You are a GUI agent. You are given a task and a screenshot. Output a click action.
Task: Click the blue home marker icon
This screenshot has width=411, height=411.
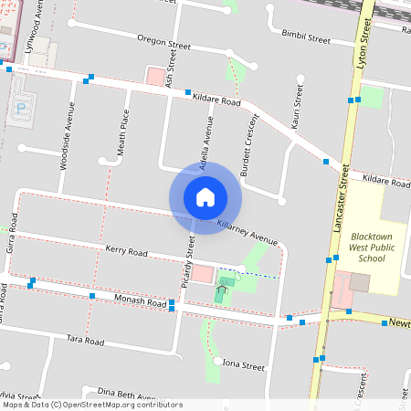click(205, 196)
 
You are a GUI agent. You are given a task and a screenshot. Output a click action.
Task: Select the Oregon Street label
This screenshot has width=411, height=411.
click(163, 41)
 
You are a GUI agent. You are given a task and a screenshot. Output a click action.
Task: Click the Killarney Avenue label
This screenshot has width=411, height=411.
click(247, 227)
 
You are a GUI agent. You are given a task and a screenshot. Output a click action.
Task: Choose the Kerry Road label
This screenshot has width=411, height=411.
click(126, 250)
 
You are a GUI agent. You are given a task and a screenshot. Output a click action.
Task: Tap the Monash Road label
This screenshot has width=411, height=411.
click(140, 300)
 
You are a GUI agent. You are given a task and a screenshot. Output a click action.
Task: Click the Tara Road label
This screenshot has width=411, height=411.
click(88, 339)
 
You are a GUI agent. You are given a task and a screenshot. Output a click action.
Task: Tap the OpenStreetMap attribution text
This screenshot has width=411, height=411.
click(92, 405)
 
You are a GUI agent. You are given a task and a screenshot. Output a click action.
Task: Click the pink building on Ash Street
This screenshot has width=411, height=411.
click(156, 77)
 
